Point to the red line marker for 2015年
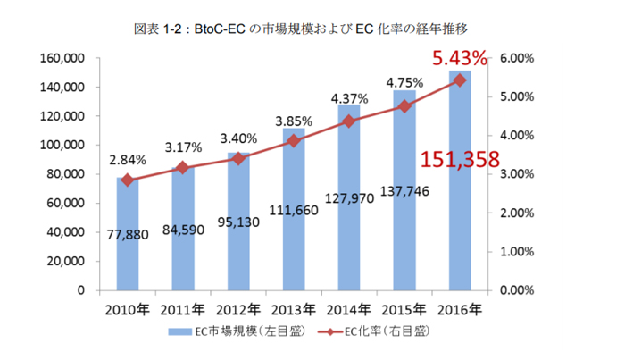coord(405,106)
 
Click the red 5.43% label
coord(460,60)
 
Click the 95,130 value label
coord(238,246)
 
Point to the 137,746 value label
coord(402,216)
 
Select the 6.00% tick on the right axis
coord(516,59)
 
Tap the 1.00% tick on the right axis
coord(516,252)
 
